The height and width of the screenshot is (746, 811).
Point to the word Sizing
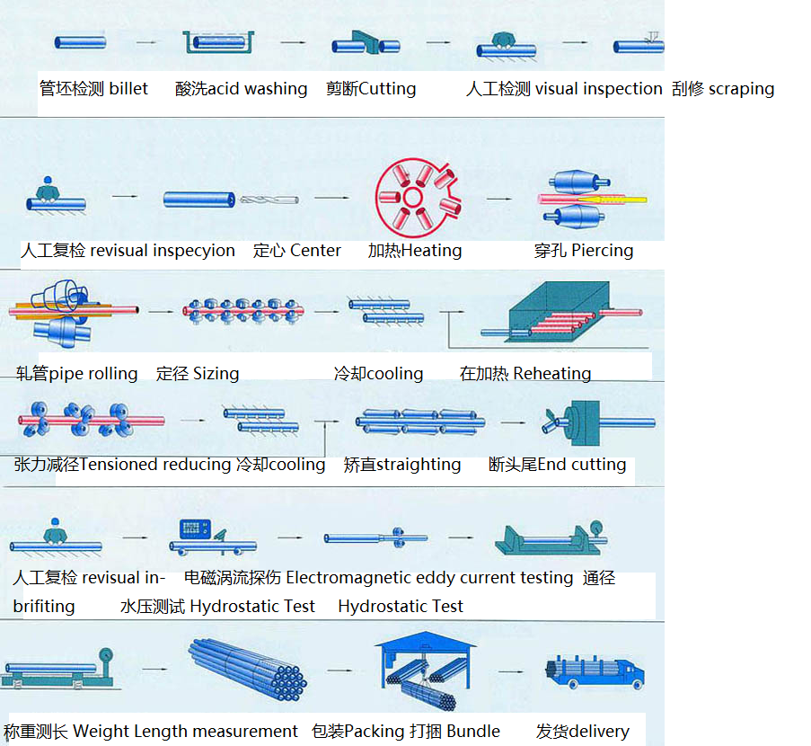point(216,373)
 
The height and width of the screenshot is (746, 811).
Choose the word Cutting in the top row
point(387,89)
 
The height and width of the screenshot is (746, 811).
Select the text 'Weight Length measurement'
point(185,732)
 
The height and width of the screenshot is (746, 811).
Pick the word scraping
point(741,89)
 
